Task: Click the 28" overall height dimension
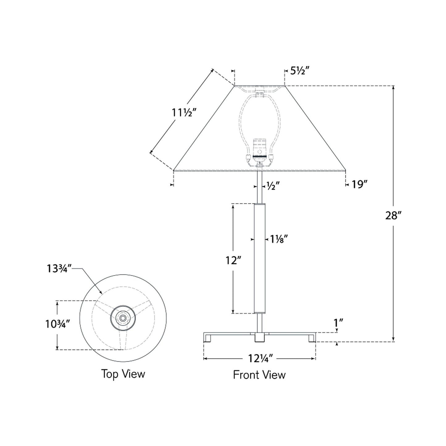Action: click(393, 215)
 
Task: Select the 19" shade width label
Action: click(359, 185)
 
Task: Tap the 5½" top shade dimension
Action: click(300, 71)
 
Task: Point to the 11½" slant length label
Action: click(184, 113)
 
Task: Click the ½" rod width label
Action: click(273, 186)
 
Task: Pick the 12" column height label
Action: click(233, 260)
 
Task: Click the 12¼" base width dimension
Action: click(261, 358)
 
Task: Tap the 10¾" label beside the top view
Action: click(58, 324)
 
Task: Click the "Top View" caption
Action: click(123, 374)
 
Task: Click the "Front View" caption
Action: click(259, 375)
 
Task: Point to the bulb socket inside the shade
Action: click(259, 150)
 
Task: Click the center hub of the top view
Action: click(123, 318)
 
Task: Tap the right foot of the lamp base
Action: click(311, 338)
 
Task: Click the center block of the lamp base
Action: click(259, 337)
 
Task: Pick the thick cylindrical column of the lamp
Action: click(259, 259)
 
